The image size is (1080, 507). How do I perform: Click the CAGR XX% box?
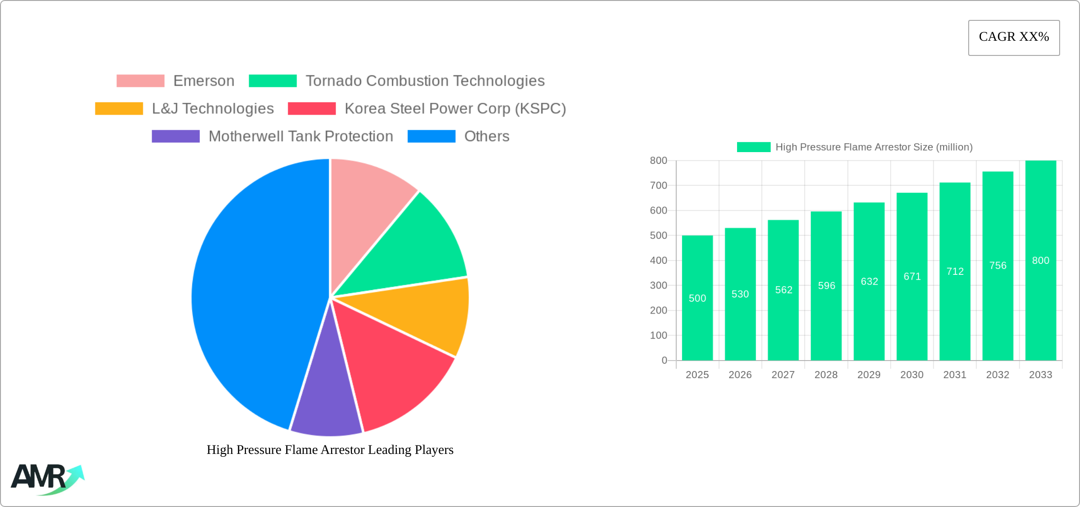pyautogui.click(x=1014, y=37)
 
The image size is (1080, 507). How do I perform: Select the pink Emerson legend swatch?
pyautogui.click(x=140, y=81)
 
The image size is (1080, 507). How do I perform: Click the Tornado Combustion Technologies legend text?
pyautogui.click(x=425, y=81)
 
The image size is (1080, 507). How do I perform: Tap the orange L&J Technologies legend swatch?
pyautogui.click(x=119, y=109)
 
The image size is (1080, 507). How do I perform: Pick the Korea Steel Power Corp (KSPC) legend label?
pyautogui.click(x=455, y=109)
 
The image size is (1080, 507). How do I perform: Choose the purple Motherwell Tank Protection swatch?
pyautogui.click(x=176, y=136)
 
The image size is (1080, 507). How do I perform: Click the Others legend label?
pyautogui.click(x=486, y=136)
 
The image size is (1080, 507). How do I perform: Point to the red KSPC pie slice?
pyautogui.click(x=393, y=370)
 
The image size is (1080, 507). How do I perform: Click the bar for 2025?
pyautogui.click(x=697, y=308)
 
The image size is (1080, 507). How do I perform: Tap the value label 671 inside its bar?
pyautogui.click(x=912, y=276)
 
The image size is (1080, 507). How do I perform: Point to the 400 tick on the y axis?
pyautogui.click(x=658, y=261)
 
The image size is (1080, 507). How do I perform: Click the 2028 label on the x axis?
pyautogui.click(x=826, y=375)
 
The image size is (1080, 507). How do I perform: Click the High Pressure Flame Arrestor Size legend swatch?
pyautogui.click(x=754, y=147)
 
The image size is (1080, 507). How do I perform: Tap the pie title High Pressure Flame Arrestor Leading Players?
pyautogui.click(x=330, y=450)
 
